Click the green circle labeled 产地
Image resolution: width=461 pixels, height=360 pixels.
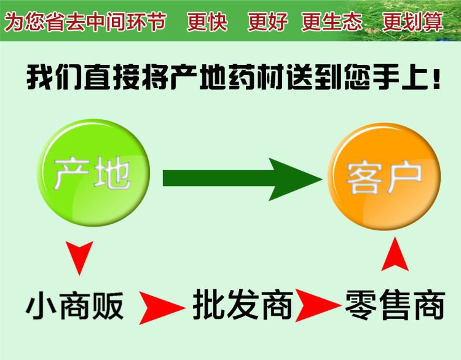coord(94,173)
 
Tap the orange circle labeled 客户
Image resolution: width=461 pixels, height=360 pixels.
coord(384,176)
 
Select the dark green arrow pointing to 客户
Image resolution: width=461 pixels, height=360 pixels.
coord(243,179)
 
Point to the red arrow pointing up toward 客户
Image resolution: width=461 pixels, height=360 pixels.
coord(395,254)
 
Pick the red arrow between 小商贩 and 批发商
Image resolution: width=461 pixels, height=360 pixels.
coord(162,308)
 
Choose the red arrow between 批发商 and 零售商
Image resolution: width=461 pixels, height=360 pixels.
coord(318,305)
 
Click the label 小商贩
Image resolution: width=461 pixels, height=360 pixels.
coord(74,306)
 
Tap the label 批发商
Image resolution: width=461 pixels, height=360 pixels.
coord(243,305)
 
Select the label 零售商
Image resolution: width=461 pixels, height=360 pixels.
coord(395,305)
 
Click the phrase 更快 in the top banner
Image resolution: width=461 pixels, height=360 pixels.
coord(207,22)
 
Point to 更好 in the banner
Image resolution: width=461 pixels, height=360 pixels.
coord(267,22)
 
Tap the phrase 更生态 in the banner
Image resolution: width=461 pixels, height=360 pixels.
coord(332,22)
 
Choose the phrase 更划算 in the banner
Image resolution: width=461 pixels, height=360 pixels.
coord(412,22)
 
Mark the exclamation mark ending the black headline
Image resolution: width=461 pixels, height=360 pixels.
coord(436,79)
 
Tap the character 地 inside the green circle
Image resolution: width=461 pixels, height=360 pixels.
coord(112,173)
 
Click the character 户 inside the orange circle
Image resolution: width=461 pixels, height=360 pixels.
coord(404,177)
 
